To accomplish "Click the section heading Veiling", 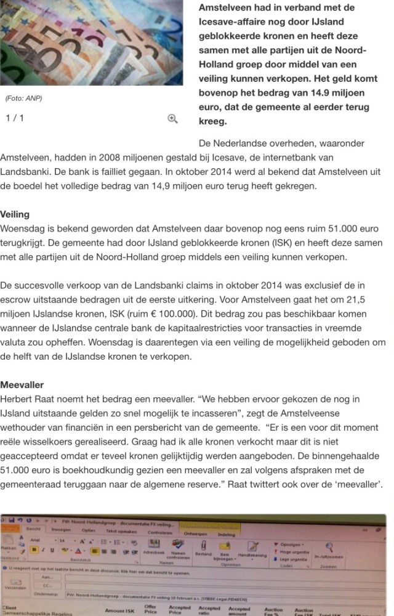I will [15, 215].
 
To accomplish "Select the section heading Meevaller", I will [22, 385].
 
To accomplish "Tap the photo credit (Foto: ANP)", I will [24, 99].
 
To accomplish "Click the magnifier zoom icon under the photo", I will [173, 119].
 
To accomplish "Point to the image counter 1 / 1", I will [15, 118].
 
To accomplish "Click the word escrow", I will [16, 300].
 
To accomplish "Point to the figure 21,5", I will [364, 300].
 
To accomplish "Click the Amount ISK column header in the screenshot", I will [120, 610].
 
